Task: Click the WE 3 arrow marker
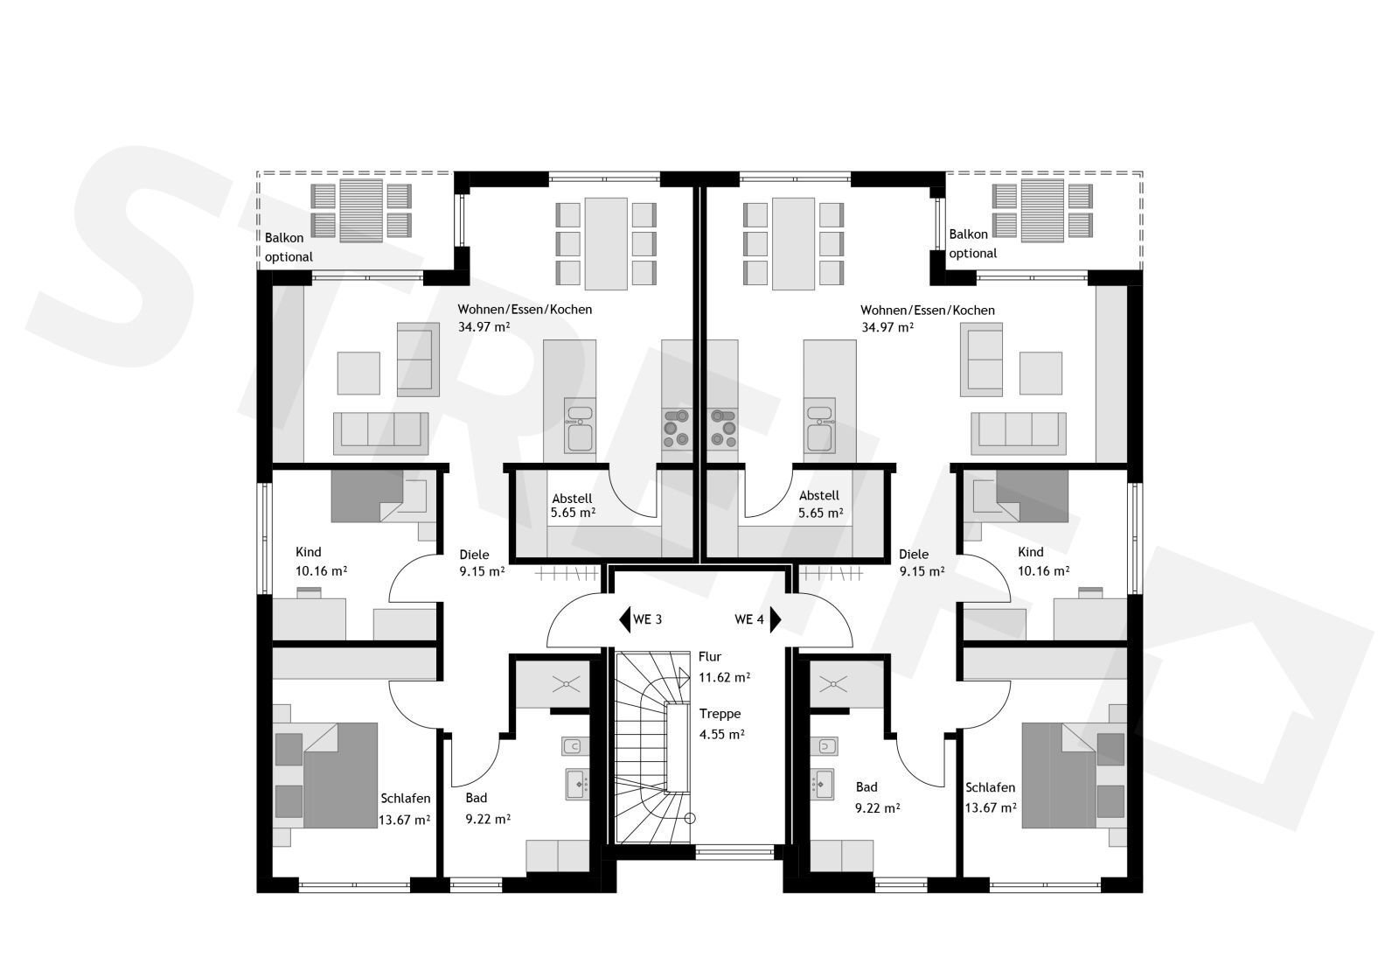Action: point(624,619)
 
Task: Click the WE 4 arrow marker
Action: point(776,619)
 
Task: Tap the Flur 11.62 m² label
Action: point(724,667)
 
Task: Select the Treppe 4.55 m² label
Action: point(721,723)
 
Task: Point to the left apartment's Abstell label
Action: point(572,499)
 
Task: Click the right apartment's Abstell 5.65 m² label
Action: point(821,505)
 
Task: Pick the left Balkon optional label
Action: point(289,247)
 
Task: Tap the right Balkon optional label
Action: point(973,244)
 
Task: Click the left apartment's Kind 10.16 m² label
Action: point(321,562)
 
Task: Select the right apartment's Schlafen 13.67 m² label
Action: point(991,798)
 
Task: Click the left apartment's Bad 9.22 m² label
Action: point(488,808)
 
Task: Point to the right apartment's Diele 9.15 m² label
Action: point(922,562)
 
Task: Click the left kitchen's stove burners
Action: point(677,428)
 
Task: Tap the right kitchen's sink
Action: point(821,425)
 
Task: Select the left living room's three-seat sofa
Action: point(381,433)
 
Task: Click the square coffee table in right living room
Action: point(1041,373)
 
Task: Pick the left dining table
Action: point(606,244)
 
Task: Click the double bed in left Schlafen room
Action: point(340,776)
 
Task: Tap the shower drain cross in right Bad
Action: point(832,685)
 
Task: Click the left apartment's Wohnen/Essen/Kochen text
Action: point(525,310)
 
